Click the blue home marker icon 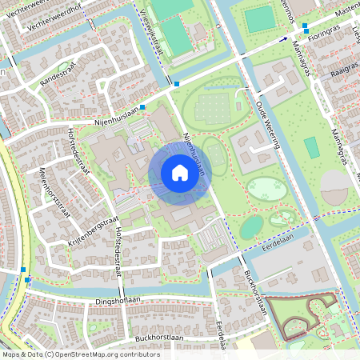pyautogui.click(x=179, y=173)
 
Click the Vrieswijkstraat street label pyautogui.click(x=156, y=30)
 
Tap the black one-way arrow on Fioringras pyautogui.click(x=282, y=38)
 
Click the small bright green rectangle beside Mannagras pyautogui.click(x=310, y=147)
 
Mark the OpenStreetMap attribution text pyautogui.click(x=70, y=354)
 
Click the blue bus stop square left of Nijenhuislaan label pyautogui.click(x=143, y=107)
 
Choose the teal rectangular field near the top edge pyautogui.click(x=258, y=19)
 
